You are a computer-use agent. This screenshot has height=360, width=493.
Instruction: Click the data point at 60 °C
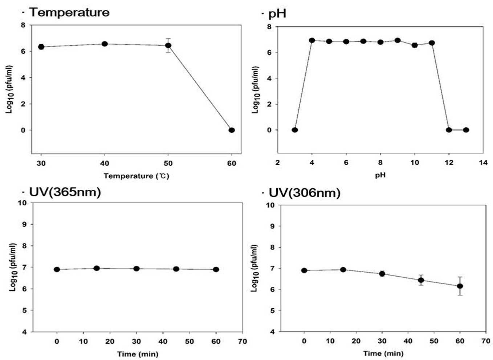232,130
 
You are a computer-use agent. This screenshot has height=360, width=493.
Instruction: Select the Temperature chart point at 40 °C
105,44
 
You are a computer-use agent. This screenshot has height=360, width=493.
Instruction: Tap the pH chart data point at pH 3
295,130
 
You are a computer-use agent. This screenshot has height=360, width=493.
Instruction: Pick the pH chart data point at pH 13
466,130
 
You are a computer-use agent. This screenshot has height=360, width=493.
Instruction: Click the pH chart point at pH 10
415,45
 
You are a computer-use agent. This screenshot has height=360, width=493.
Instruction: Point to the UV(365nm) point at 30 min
137,269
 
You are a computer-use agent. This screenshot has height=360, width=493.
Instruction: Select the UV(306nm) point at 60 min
460,286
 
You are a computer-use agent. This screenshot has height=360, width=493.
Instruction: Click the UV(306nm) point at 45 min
421,280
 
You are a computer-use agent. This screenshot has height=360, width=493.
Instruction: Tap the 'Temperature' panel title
69,12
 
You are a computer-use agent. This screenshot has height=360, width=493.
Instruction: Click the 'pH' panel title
277,14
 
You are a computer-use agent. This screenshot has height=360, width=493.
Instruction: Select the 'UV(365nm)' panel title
65,192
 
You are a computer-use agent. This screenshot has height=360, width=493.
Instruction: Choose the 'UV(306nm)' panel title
305,193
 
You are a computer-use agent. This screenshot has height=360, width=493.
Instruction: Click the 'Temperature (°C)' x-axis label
137,176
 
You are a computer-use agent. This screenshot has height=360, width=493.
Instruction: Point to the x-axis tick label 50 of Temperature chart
168,163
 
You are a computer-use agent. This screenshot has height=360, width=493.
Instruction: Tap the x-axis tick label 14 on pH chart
483,163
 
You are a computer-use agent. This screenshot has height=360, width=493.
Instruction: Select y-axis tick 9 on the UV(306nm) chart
273,226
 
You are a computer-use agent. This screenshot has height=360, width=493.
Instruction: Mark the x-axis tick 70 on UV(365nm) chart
242,341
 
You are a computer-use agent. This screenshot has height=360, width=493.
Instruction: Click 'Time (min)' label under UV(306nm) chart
383,353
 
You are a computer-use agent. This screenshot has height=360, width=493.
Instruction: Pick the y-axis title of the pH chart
256,90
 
